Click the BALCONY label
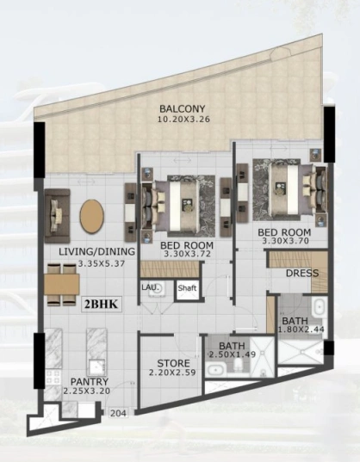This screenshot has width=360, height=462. (182, 108)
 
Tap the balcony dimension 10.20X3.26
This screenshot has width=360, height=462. (183, 120)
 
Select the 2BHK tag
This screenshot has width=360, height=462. (101, 304)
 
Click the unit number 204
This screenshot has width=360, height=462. (118, 413)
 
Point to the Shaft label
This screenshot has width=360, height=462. (187, 288)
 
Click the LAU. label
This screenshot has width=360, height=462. (150, 286)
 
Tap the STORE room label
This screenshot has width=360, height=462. (173, 363)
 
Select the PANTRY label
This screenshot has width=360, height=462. (90, 382)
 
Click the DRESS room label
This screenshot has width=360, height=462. (302, 273)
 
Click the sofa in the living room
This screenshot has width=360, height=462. (58, 216)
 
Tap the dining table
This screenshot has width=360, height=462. (62, 284)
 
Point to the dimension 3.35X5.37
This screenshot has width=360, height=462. (102, 263)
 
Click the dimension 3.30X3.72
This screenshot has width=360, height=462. (187, 254)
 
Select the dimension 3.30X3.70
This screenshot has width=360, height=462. (285, 241)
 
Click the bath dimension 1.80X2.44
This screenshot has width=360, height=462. (301, 330)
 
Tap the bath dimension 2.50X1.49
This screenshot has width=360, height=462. (233, 354)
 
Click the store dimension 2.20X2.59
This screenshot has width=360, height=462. (172, 373)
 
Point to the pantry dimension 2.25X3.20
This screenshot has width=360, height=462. (87, 391)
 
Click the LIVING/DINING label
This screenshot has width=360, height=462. (96, 251)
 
